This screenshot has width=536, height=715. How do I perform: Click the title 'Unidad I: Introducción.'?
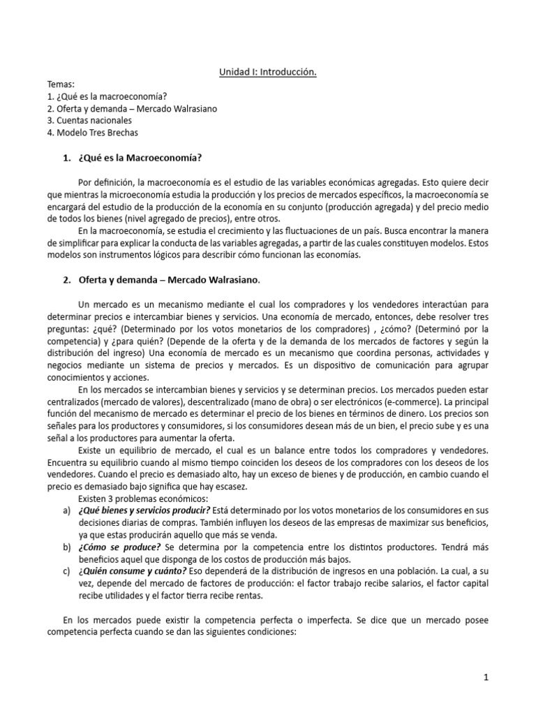pyautogui.click(x=268, y=72)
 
